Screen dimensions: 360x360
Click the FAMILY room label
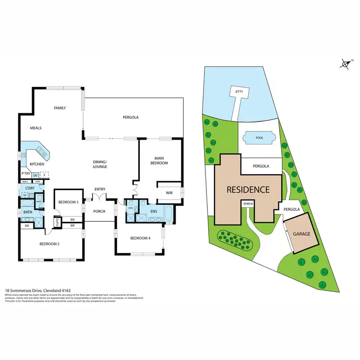[x=60, y=108]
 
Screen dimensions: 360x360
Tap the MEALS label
[x=36, y=128]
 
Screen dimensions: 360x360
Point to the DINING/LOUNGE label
[x=100, y=164]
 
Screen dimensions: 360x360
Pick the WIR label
[x=169, y=193]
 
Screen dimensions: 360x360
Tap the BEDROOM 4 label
[x=139, y=239]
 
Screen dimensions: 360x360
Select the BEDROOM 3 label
[x=68, y=202]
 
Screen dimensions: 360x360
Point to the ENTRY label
[x=99, y=189]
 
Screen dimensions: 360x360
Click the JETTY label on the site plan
[x=239, y=91]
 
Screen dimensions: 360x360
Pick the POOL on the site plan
[x=259, y=138]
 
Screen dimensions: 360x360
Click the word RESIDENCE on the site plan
[x=248, y=190]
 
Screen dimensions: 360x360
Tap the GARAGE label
[x=302, y=234]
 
